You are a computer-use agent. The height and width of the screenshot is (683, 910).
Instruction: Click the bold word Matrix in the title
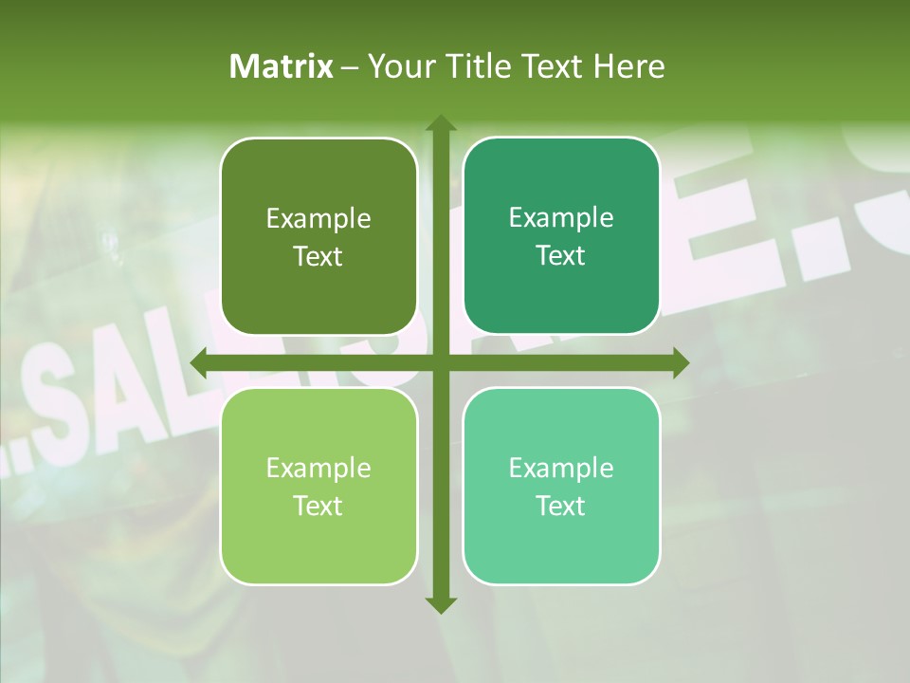[x=282, y=66]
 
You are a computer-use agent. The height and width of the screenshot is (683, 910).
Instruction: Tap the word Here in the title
[x=628, y=66]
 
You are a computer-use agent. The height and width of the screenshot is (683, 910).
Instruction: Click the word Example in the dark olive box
[x=318, y=219]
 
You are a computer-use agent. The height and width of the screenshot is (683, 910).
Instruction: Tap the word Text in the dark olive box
[x=318, y=257]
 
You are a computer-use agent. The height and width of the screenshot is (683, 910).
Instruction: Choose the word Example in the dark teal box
[x=561, y=218]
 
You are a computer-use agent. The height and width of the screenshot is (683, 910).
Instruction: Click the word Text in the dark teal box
[x=561, y=256]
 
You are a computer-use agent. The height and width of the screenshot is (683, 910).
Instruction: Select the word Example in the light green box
[x=318, y=469]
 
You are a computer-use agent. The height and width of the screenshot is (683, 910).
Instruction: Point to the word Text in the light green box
[x=318, y=507]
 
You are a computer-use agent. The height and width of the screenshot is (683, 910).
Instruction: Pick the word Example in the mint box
[x=561, y=469]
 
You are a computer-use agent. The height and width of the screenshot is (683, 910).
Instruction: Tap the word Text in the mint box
[x=561, y=507]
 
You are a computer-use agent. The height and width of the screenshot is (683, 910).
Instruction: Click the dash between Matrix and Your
[x=350, y=67]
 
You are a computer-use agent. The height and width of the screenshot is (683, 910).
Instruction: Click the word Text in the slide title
[x=555, y=66]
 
